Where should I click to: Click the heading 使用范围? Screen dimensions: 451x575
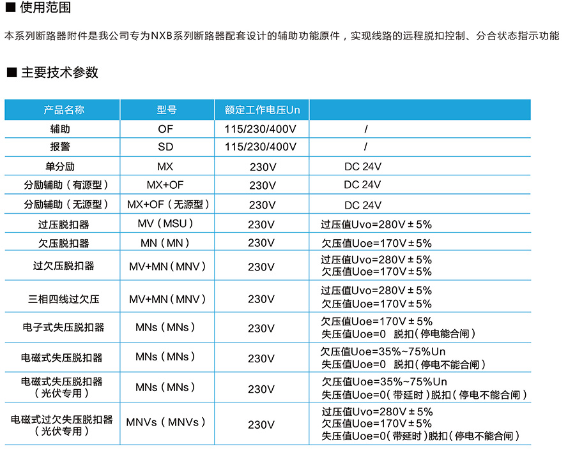45,8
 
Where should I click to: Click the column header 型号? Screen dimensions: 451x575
166,110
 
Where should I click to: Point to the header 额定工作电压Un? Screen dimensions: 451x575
262,110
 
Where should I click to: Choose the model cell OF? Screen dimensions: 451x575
166,129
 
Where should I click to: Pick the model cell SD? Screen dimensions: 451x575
166,147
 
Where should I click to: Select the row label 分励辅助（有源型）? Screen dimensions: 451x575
66,186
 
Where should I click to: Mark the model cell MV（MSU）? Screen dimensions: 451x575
165,224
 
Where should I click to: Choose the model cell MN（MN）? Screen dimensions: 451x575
165,243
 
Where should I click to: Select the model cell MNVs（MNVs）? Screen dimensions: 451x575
166,422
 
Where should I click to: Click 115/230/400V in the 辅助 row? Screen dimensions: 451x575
261,129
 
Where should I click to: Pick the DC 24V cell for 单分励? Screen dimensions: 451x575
362,166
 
